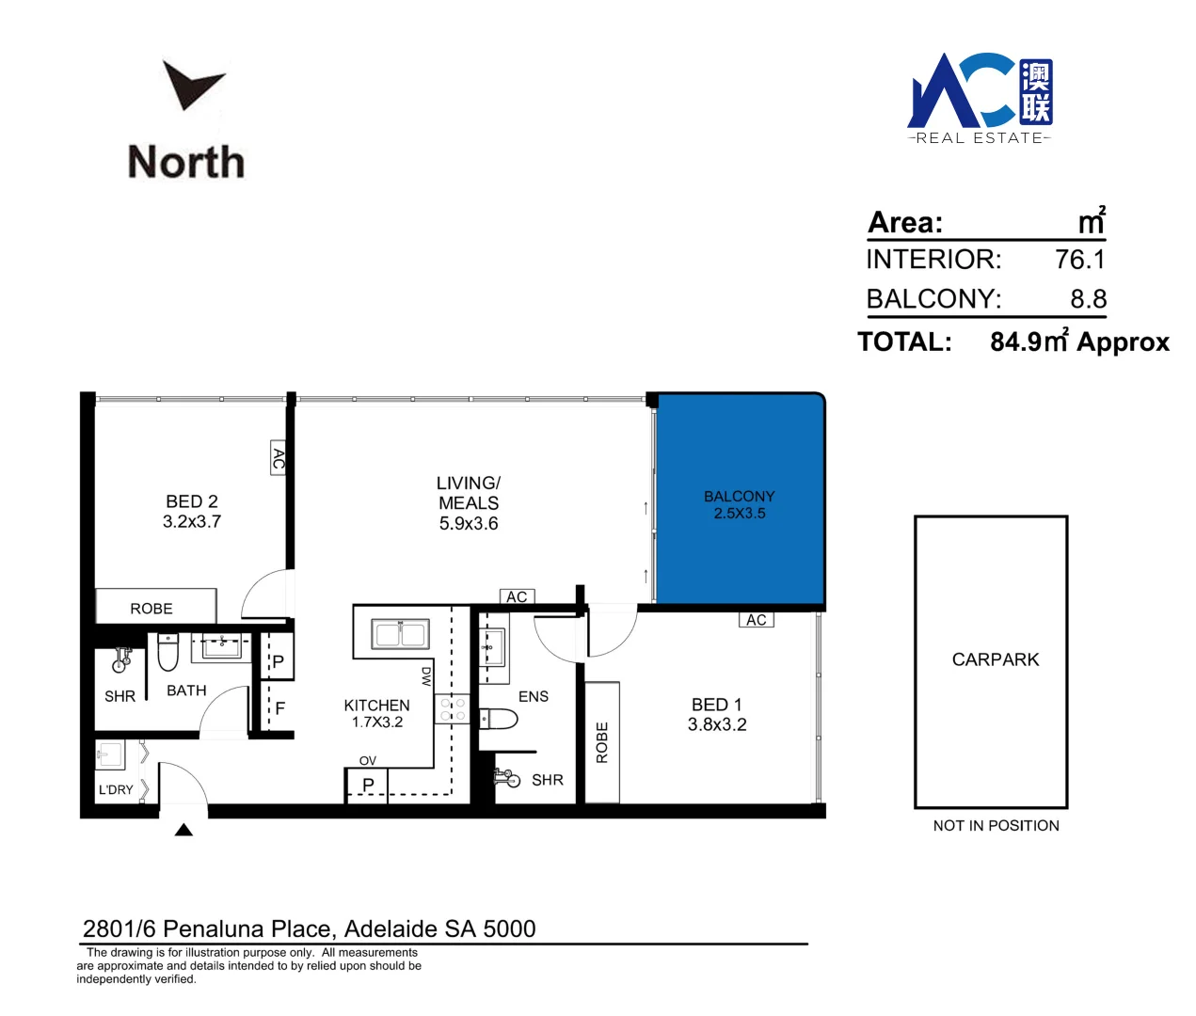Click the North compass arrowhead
click(193, 84)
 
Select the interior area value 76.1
click(1079, 260)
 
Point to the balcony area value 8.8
click(1088, 299)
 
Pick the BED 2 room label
click(192, 501)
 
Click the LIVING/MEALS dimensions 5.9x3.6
click(469, 524)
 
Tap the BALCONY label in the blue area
click(740, 496)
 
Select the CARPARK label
click(996, 659)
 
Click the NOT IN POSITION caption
click(996, 826)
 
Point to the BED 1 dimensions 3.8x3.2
click(717, 724)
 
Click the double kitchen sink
click(401, 633)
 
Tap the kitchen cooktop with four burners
click(453, 709)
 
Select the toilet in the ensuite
click(499, 720)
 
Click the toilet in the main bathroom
click(168, 652)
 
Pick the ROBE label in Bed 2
click(151, 609)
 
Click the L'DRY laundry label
click(116, 789)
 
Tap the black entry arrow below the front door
click(183, 830)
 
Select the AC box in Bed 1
click(756, 620)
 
